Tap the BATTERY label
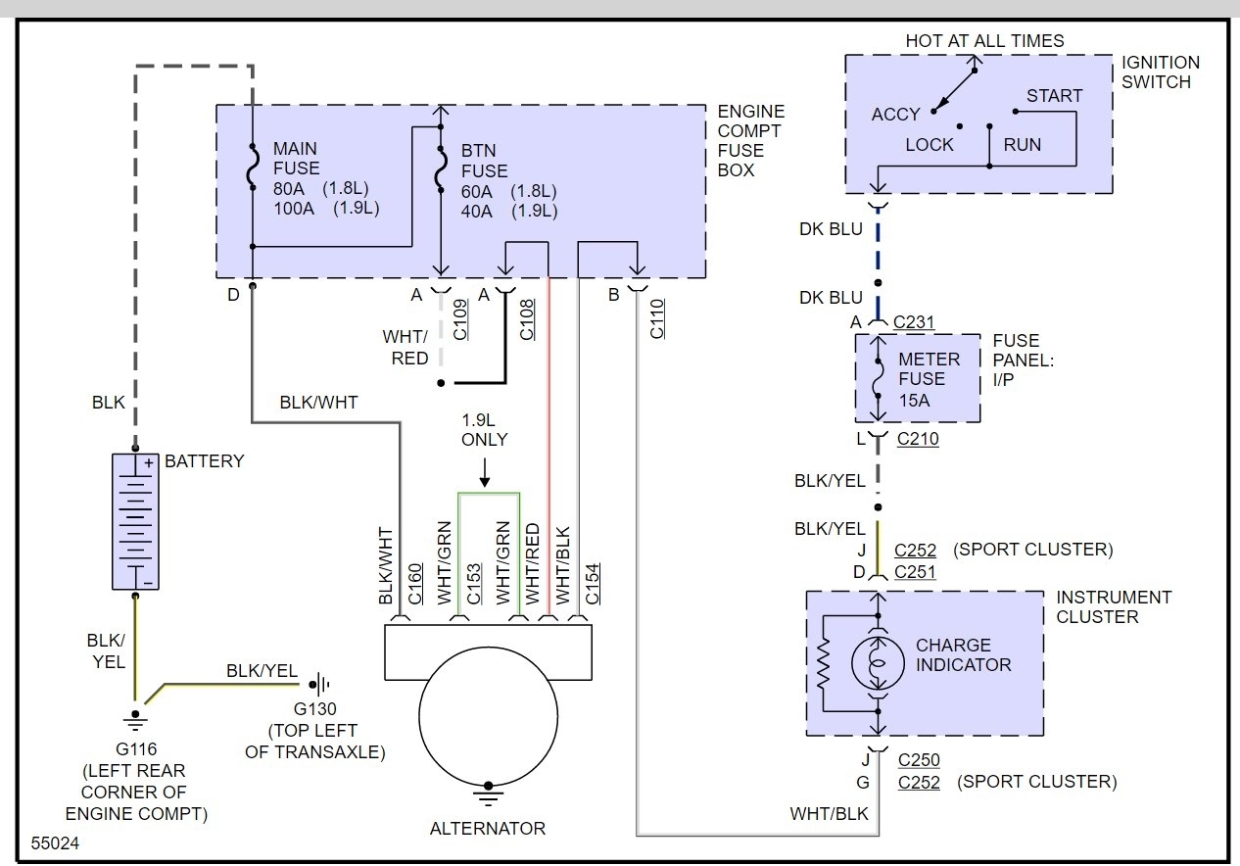(x=205, y=460)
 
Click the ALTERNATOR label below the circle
(x=488, y=829)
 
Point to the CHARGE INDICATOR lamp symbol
(x=878, y=665)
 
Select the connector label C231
(x=915, y=321)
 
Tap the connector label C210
(x=918, y=439)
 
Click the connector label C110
(x=657, y=319)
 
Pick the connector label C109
(x=460, y=319)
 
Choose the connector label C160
(x=414, y=584)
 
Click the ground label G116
(x=135, y=749)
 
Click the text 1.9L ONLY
(x=485, y=429)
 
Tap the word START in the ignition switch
(x=1054, y=96)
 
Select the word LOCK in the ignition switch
(x=930, y=145)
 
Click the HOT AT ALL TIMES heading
(x=984, y=41)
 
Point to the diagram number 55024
(x=55, y=842)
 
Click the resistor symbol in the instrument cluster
(x=824, y=664)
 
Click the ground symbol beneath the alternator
(x=488, y=791)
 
